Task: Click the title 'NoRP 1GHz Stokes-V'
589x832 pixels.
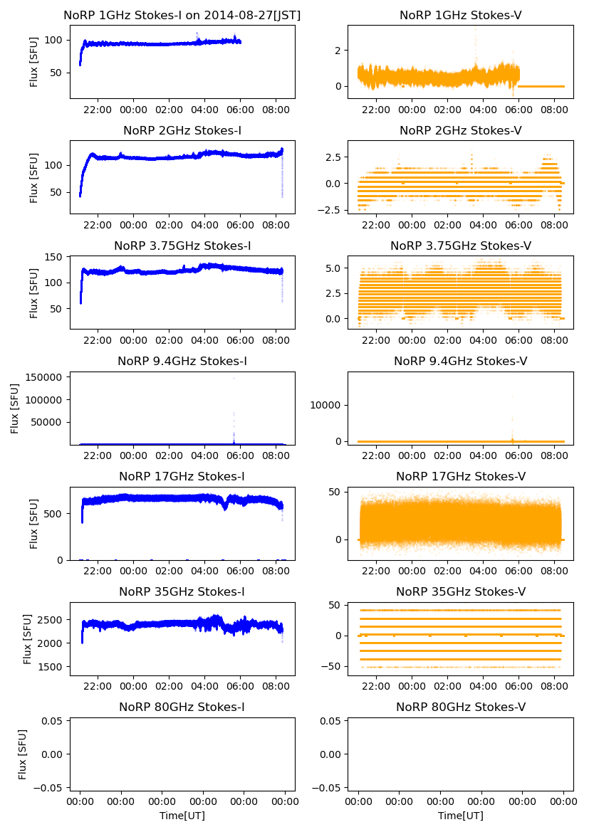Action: pyautogui.click(x=460, y=15)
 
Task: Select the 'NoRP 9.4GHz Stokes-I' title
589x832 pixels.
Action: pyautogui.click(x=182, y=362)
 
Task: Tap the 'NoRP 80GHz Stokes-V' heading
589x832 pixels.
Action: pyautogui.click(x=460, y=707)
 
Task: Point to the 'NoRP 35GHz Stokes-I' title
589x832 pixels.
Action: pyautogui.click(x=182, y=592)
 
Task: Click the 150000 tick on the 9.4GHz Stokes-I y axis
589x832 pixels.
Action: pyautogui.click(x=44, y=377)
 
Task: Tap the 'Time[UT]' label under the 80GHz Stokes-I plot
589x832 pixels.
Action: pyautogui.click(x=182, y=816)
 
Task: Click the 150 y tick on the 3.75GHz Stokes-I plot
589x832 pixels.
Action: pyautogui.click(x=53, y=257)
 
